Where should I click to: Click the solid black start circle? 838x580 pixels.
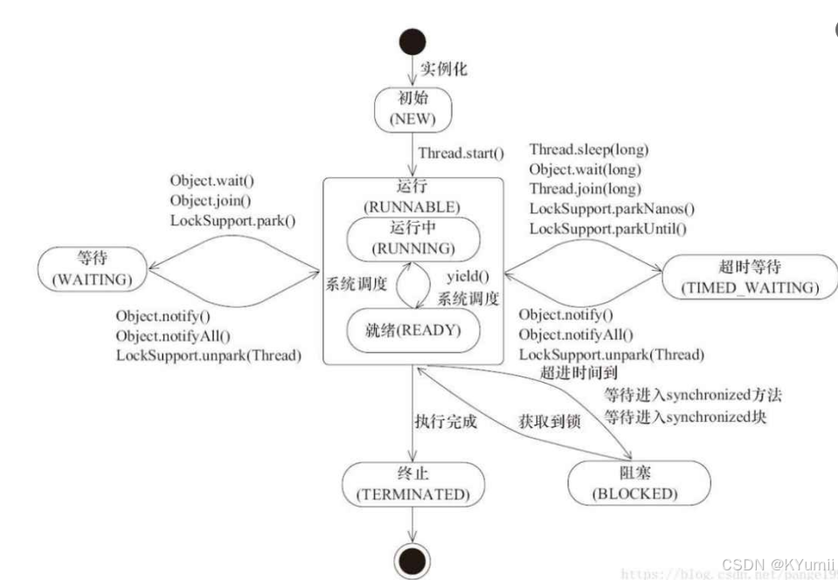tap(412, 41)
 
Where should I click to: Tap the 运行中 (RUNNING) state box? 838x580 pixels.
tap(413, 238)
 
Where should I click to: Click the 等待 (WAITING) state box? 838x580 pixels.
tap(93, 268)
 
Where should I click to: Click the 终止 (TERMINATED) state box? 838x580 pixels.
tap(412, 483)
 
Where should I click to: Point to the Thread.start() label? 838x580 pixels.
tap(461, 154)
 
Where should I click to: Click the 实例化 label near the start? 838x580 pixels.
tap(444, 69)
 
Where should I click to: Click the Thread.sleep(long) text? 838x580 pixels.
tap(589, 150)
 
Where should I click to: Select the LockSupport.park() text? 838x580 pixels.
tap(232, 220)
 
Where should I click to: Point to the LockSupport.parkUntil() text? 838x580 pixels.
tap(608, 229)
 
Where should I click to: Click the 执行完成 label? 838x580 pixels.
tap(446, 421)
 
